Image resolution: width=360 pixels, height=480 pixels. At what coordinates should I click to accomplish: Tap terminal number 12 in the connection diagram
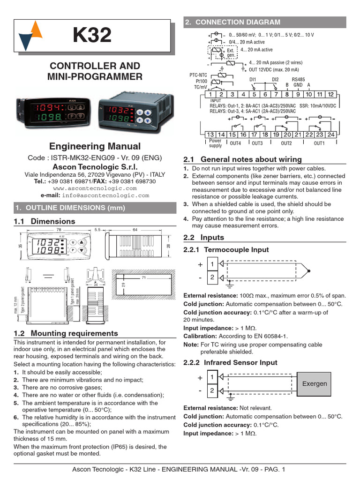[x=330, y=94]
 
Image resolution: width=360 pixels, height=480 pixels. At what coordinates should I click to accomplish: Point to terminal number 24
[x=331, y=135]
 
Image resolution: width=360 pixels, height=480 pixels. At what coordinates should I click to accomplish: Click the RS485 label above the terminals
[x=298, y=80]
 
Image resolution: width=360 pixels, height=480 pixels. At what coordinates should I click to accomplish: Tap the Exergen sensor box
[x=315, y=383]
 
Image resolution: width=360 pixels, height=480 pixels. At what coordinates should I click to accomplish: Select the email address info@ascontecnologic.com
[x=105, y=195]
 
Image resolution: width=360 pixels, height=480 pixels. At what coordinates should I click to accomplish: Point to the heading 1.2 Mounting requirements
[x=66, y=333]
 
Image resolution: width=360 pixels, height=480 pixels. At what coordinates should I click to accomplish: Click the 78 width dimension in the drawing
[x=59, y=230]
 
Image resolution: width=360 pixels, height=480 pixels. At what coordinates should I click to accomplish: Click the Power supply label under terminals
[x=215, y=143]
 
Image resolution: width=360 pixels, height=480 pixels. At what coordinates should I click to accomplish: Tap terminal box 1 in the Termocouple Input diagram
[x=211, y=264]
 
